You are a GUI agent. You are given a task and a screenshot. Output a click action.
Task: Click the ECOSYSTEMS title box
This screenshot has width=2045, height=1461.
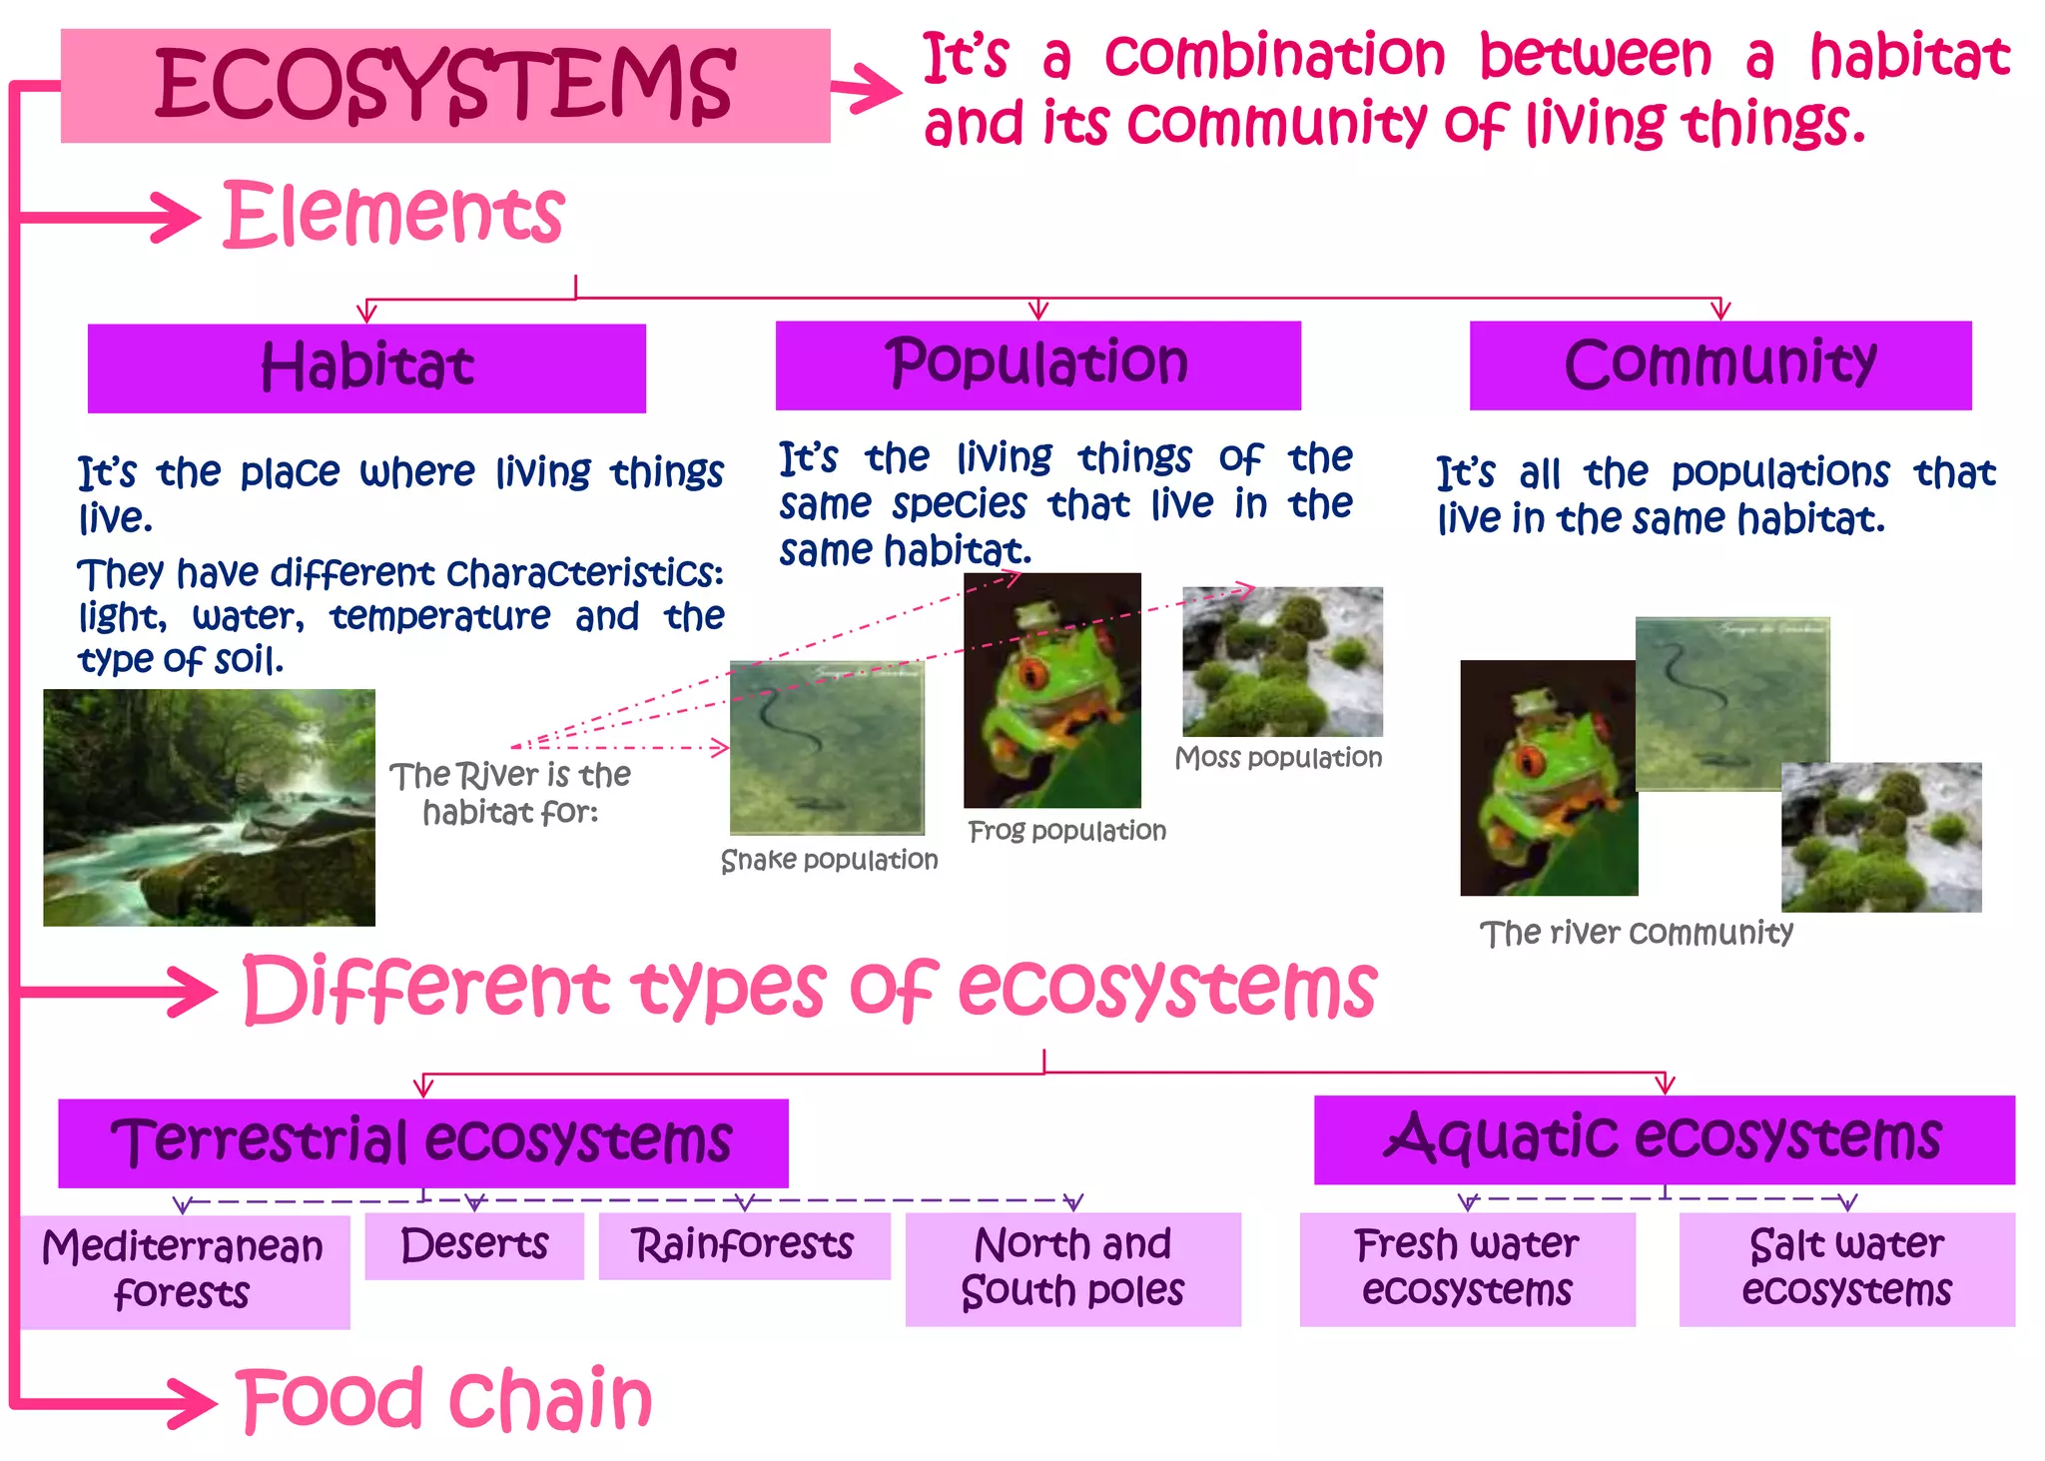[x=445, y=86]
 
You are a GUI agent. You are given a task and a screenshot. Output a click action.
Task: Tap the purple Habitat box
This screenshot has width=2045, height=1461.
[x=366, y=367]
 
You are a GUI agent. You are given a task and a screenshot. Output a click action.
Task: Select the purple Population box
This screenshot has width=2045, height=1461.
[x=1037, y=365]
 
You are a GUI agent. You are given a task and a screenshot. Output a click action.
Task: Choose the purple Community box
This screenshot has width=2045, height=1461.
[x=1719, y=365]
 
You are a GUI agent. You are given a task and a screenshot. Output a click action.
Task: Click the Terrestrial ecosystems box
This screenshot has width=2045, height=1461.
[x=422, y=1142]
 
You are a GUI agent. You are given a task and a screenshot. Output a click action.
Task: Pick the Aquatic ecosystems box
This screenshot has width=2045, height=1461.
[x=1664, y=1139]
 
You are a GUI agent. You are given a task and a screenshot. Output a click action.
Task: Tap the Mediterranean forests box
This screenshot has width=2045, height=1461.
[x=184, y=1271]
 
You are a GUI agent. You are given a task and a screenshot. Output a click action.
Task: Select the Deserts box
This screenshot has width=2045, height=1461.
[x=474, y=1245]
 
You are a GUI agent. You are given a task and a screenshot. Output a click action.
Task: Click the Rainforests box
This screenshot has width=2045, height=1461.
[x=744, y=1245]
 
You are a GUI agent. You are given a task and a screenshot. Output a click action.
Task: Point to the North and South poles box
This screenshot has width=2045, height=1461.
[x=1072, y=1268]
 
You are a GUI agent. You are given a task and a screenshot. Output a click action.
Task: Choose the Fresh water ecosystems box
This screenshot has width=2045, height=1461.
[x=1467, y=1268]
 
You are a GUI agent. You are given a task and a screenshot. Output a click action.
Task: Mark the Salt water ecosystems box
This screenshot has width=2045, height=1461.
[x=1846, y=1268]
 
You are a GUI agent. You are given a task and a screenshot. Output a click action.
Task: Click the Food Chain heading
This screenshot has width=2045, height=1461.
[x=444, y=1399]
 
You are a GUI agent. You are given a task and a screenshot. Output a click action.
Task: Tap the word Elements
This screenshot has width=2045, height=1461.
[x=394, y=215]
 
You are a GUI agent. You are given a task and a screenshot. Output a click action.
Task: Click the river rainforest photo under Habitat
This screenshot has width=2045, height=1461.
[x=209, y=807]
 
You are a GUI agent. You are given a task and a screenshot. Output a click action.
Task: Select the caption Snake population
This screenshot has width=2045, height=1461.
[x=829, y=860]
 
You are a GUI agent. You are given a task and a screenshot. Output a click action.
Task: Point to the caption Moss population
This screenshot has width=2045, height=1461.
[x=1278, y=758]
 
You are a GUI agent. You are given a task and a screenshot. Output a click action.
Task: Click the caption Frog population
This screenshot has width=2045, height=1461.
[x=1066, y=831]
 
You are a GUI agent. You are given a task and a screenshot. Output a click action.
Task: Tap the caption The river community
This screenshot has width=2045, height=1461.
[x=1636, y=933]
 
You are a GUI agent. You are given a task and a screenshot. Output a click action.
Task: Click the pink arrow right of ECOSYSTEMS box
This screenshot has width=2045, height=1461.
[x=866, y=89]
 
